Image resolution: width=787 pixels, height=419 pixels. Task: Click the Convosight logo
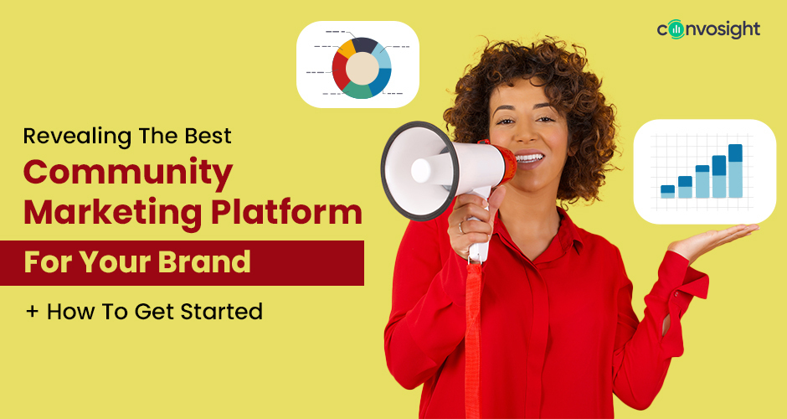pyautogui.click(x=708, y=29)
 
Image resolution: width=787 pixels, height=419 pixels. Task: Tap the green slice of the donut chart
pyautogui.click(x=358, y=91)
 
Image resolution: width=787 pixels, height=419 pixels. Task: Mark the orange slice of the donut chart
pyautogui.click(x=346, y=49)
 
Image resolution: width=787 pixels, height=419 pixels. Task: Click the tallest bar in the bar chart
pyautogui.click(x=735, y=171)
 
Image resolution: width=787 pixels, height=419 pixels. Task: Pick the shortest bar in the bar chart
pyautogui.click(x=667, y=191)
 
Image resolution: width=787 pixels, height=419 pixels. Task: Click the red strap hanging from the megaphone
pyautogui.click(x=473, y=335)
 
